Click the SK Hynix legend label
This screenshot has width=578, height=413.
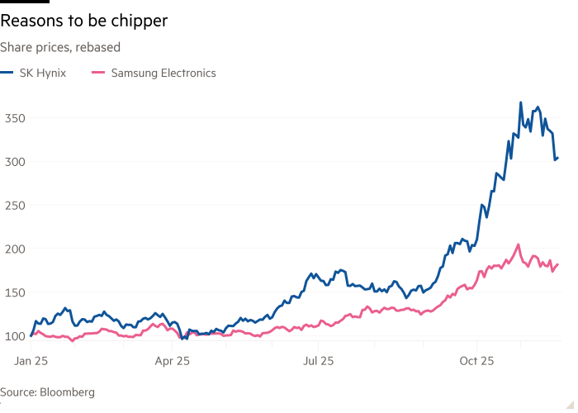42,73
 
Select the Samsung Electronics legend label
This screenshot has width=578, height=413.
163,73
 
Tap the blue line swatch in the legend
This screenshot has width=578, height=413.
7,73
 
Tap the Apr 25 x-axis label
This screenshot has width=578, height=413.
173,361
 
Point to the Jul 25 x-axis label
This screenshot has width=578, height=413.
318,361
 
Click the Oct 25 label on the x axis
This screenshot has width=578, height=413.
476,361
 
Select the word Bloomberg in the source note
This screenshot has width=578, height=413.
66,392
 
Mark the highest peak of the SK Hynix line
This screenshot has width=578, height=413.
520,102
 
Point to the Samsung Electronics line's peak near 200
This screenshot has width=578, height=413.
518,244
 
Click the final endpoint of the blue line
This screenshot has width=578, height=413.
559,159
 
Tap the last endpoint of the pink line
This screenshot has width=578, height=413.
559,264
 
